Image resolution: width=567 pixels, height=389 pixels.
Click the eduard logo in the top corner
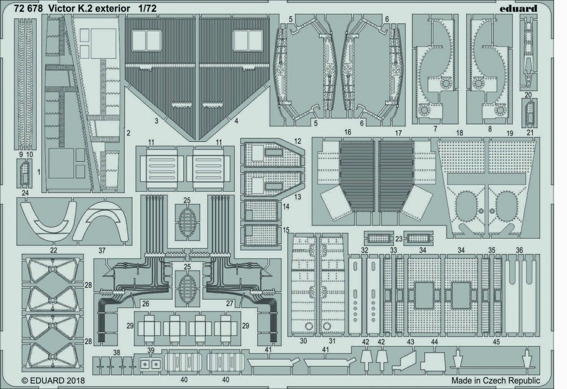coord(518,9)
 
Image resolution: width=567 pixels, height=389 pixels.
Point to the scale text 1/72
coord(147,9)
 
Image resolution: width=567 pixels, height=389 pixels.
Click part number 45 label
coord(496,342)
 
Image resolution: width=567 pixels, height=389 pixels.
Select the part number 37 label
coord(102,251)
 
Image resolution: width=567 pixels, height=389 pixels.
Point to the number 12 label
coord(298,141)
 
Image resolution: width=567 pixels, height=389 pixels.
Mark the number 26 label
coord(146,303)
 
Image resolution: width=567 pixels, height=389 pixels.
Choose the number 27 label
coord(229,303)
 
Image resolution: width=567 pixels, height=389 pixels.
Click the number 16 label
coord(348,132)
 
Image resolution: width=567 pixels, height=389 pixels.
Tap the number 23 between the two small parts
coord(399,239)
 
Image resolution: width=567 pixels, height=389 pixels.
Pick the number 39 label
coord(151,350)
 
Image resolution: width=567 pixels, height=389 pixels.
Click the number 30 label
coord(303,341)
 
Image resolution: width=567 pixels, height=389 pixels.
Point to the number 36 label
coord(519,250)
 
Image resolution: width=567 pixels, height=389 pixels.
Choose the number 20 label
coord(528,95)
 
